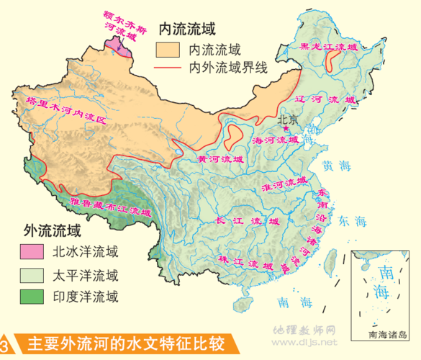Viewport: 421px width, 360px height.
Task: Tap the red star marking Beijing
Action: (286, 129)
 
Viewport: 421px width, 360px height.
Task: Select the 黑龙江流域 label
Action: (327, 48)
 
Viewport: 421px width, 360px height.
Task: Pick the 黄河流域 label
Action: (221, 158)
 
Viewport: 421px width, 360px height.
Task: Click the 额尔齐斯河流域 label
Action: (120, 21)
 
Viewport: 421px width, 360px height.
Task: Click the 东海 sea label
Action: (353, 220)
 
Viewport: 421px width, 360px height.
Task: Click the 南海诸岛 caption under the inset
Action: (386, 335)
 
